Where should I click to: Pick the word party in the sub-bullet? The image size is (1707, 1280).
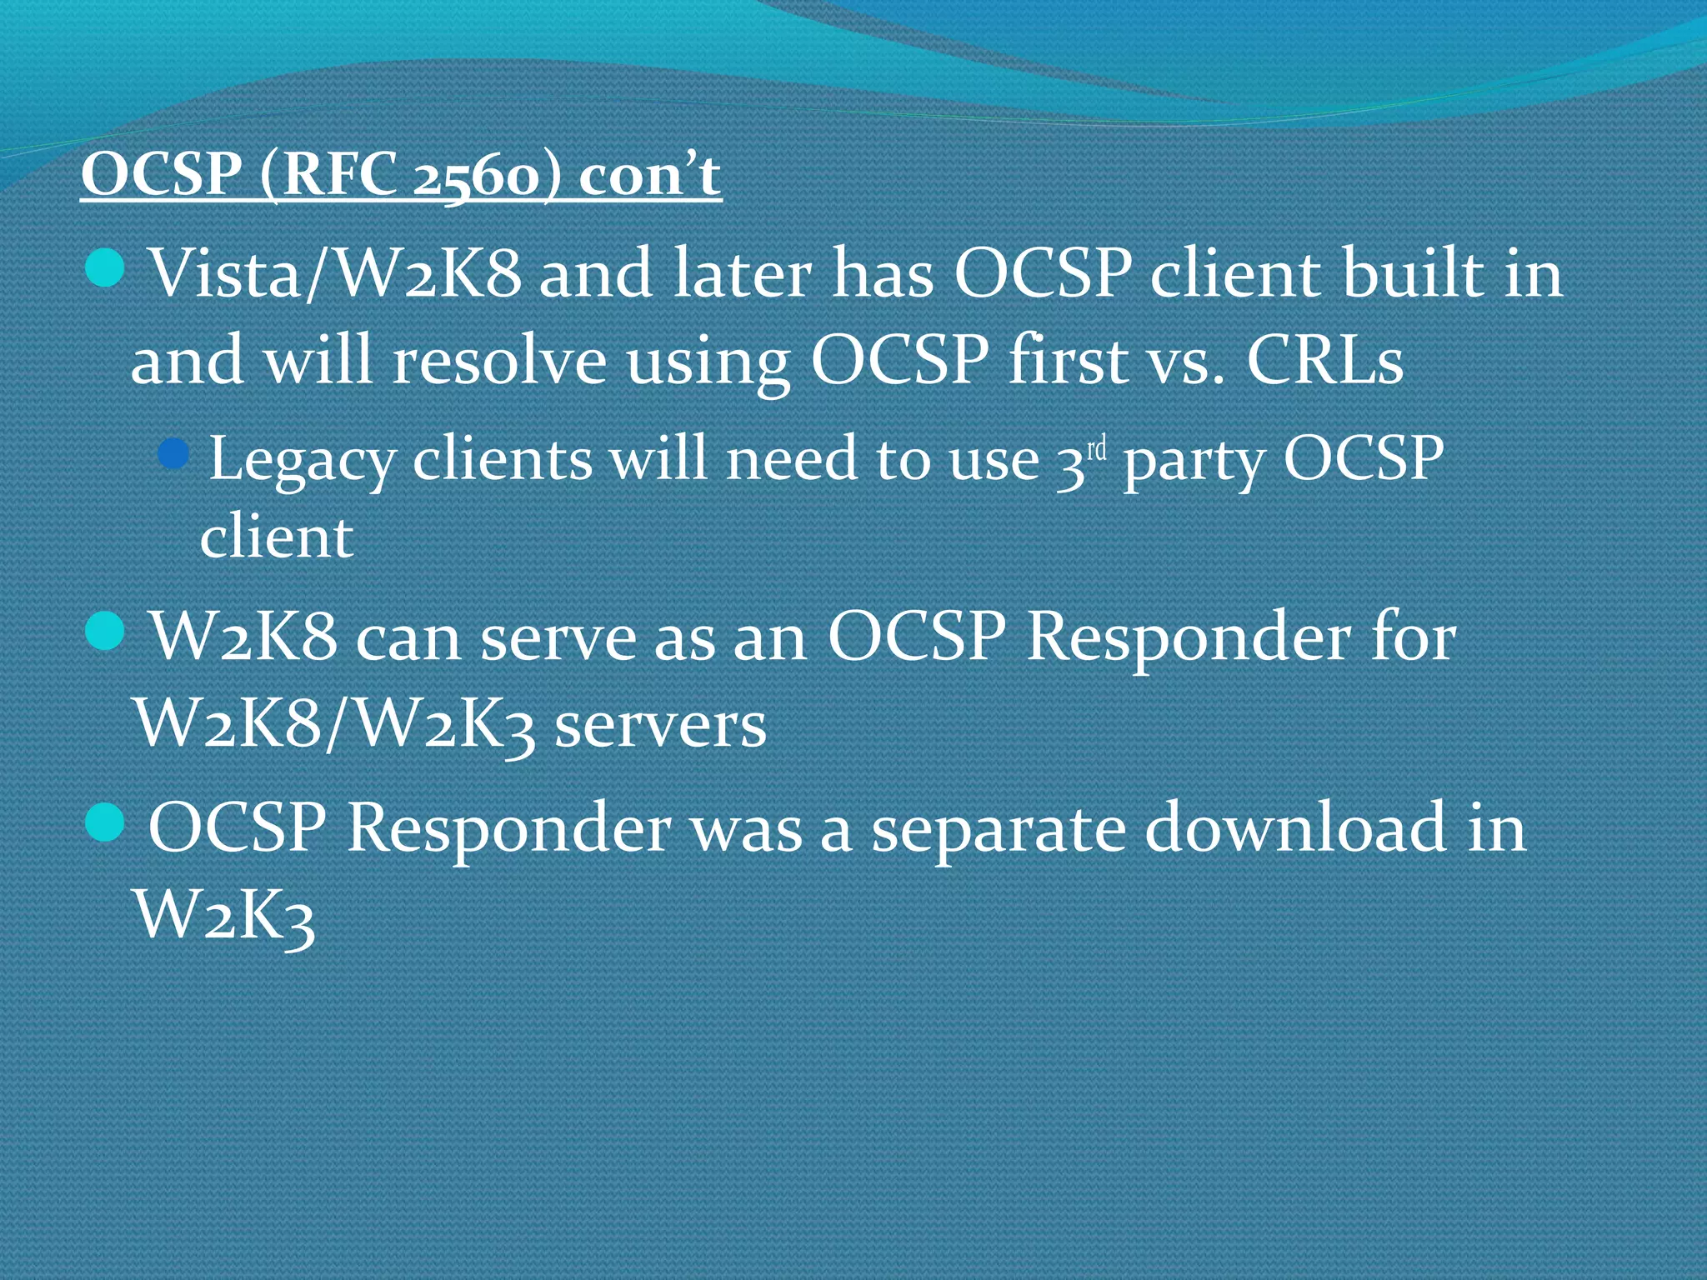[x=1193, y=459]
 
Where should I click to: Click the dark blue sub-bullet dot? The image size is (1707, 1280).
[x=173, y=453]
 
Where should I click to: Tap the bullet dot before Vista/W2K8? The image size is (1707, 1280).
[x=105, y=268]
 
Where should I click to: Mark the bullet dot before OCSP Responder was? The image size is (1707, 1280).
[x=105, y=822]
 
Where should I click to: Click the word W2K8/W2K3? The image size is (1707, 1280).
[x=333, y=724]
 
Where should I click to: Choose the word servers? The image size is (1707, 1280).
[x=659, y=724]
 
